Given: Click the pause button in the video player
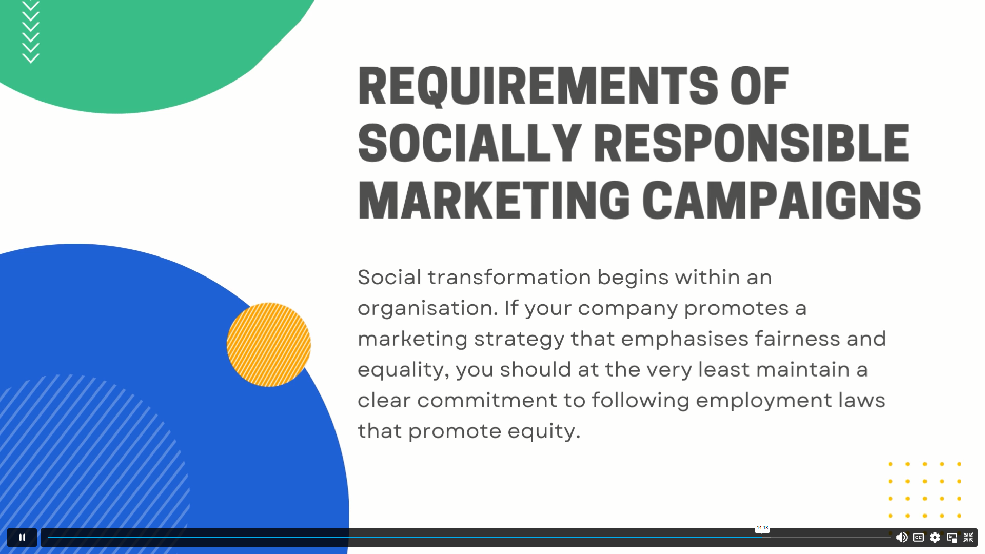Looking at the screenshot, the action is [x=22, y=537].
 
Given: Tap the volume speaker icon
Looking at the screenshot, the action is [x=901, y=537].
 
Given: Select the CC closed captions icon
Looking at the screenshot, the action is [x=918, y=537].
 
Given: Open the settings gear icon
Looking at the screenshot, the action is [x=935, y=537].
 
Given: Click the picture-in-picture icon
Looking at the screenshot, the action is [x=952, y=537].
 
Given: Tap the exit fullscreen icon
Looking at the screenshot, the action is [x=968, y=537].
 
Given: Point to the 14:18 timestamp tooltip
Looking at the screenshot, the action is [x=762, y=528].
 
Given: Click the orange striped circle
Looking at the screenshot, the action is [x=269, y=345].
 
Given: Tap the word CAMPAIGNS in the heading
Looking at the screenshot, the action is [x=782, y=200].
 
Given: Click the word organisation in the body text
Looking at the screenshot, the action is [x=428, y=308].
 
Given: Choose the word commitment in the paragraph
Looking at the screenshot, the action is [x=487, y=400].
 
